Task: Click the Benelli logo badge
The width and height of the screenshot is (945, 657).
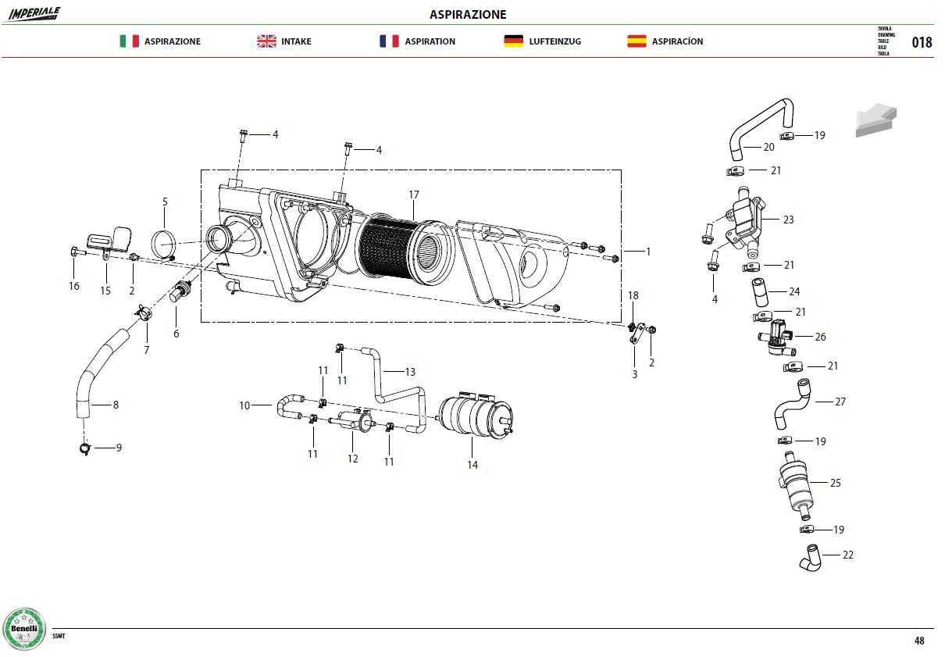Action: coord(24,629)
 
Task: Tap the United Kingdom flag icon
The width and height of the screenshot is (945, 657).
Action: coord(266,41)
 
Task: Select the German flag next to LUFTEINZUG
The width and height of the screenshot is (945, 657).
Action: coord(513,41)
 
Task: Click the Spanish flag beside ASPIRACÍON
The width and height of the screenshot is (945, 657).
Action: coord(637,41)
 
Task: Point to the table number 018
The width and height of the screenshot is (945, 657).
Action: coord(922,42)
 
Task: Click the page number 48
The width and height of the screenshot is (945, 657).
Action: coord(919,641)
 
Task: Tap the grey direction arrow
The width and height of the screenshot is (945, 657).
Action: coord(875,120)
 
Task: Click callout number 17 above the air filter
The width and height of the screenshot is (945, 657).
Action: coord(414,195)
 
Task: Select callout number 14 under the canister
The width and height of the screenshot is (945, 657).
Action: coord(472,465)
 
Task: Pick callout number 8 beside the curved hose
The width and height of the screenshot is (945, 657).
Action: coord(116,405)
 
